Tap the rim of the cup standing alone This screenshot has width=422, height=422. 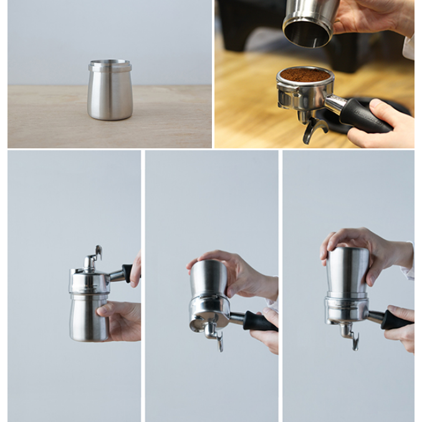110,64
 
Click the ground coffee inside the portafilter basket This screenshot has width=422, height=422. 305,75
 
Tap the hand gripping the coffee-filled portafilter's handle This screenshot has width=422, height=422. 386,125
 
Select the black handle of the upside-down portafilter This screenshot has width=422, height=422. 128,272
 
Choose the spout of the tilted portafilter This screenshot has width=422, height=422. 215,337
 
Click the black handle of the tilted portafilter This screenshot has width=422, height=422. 259,322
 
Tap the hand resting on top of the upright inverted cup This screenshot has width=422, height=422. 362,246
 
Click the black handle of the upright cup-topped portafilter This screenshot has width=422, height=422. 395,320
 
